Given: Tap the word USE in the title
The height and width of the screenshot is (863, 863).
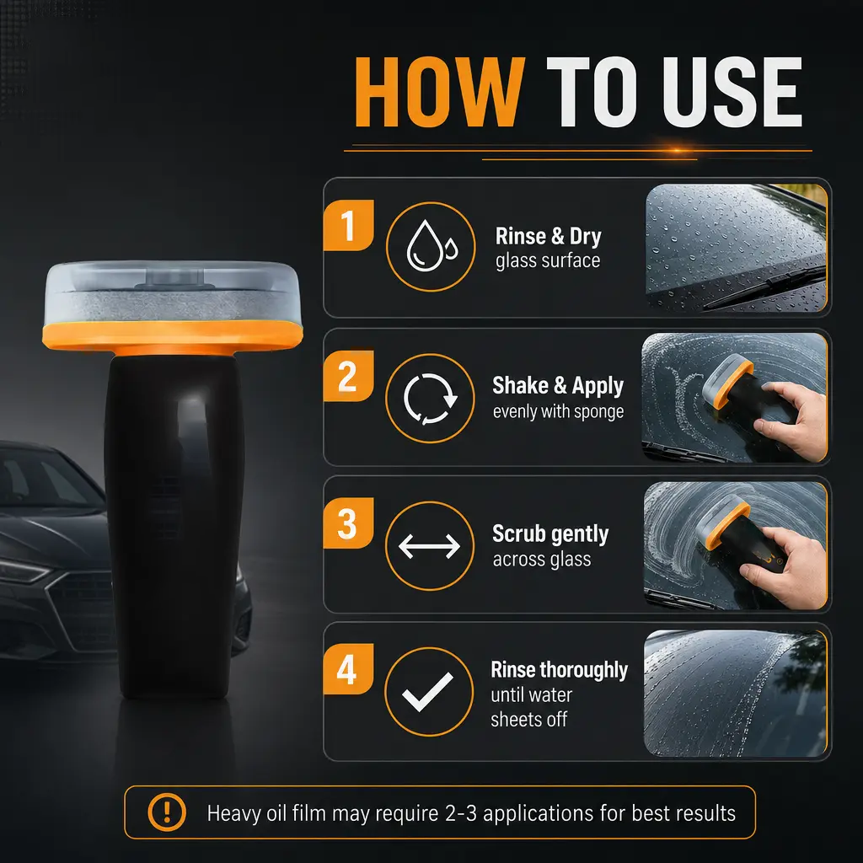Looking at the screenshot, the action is pos(732,92).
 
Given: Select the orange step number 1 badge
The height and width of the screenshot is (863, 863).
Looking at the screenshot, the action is pos(348,225).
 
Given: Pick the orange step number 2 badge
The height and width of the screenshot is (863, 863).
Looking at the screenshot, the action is pos(348,376).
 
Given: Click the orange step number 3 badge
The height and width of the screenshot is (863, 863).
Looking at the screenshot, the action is pos(348,523).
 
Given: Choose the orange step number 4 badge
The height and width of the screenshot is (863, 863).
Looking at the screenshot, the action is pos(348,669).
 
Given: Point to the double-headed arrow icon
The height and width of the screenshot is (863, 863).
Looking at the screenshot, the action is pos(429,546).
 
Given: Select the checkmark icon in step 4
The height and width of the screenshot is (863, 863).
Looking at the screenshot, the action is pos(427,692).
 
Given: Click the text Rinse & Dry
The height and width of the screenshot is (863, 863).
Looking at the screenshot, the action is pos(548,236).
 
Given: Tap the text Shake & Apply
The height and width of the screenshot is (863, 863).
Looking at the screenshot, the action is pos(558,386).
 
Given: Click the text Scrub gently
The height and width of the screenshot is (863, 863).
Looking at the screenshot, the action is pos(550,533).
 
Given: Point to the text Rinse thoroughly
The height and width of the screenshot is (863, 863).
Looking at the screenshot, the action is pos(560,670).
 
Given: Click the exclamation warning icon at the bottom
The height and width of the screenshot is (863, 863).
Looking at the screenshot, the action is pos(167,812).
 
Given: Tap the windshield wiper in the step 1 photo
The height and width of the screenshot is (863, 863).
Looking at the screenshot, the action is pos(765,287).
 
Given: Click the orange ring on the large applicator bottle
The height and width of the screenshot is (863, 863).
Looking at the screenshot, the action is pos(172,336).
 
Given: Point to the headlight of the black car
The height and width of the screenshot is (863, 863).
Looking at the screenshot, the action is pos(23,571).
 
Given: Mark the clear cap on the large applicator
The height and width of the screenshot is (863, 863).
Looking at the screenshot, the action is pos(172,292).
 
